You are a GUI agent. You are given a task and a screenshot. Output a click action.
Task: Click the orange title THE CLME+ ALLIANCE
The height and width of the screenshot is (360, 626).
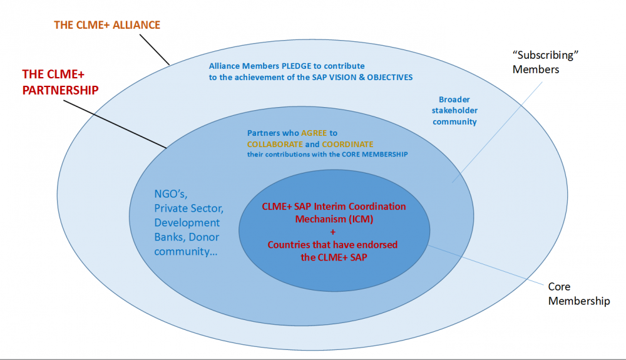tap(106, 25)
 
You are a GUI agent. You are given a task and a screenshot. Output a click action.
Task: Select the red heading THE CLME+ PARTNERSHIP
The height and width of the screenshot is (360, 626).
tap(60, 81)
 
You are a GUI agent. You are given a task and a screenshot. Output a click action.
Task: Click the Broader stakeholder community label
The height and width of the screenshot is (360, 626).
tap(454, 111)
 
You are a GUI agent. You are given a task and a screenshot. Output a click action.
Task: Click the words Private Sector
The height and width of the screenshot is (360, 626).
tap(188, 208)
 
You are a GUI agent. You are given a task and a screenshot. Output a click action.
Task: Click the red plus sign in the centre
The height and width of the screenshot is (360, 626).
tap(332, 232)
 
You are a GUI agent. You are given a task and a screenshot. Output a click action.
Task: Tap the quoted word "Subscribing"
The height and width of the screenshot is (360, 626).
tap(544, 55)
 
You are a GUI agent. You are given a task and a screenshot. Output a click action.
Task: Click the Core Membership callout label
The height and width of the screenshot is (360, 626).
tap(578, 294)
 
